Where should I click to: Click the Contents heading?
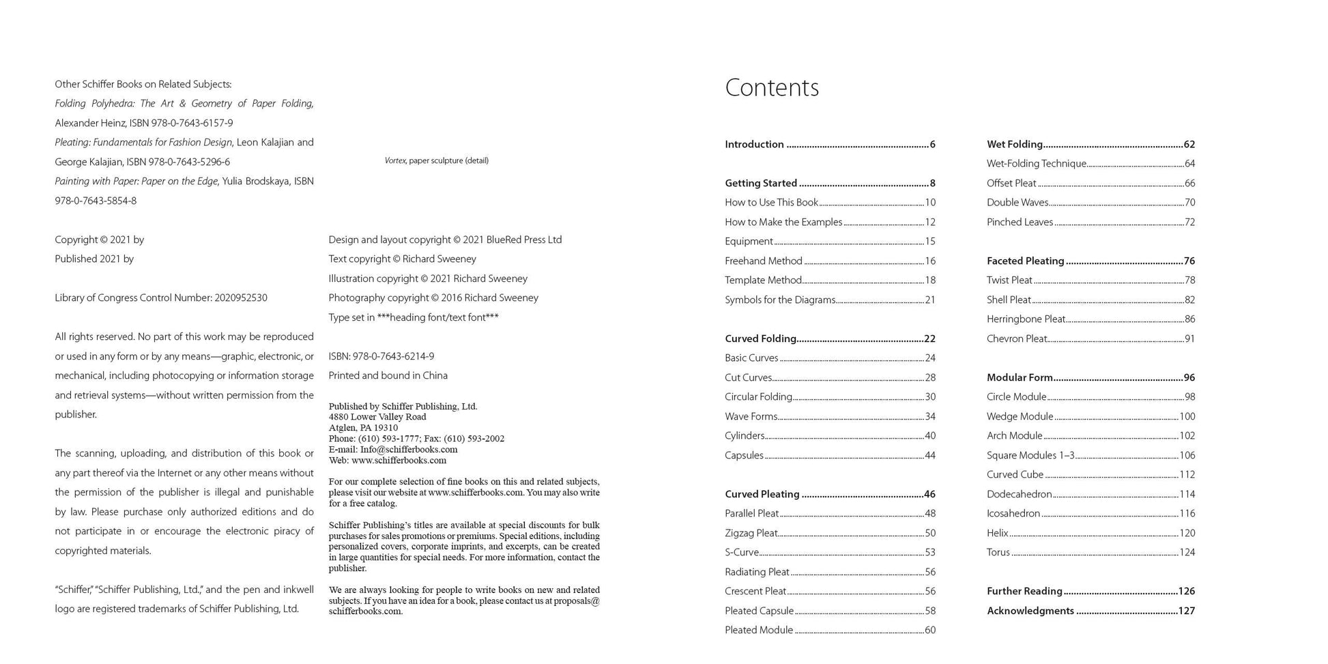(771, 88)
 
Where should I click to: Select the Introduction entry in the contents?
(754, 145)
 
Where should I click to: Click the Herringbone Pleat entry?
(1026, 319)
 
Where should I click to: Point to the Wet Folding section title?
(1014, 145)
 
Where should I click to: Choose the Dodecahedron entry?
(1019, 494)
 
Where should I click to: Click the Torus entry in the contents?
(998, 553)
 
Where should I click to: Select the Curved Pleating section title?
(762, 494)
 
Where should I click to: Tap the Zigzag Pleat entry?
(751, 533)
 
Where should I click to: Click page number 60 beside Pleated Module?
(929, 631)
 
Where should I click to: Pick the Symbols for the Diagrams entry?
(780, 300)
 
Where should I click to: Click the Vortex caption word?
(395, 161)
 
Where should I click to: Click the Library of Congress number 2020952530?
(240, 298)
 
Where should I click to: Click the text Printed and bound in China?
(388, 376)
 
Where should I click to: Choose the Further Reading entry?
(1024, 592)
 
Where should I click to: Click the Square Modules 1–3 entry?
(1030, 456)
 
